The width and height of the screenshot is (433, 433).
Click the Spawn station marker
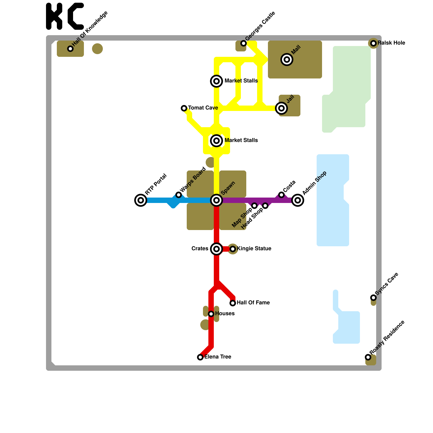pos(216,200)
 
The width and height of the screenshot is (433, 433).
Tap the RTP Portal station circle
pos(141,200)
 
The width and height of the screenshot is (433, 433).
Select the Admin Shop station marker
pos(298,200)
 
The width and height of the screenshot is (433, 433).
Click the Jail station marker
pos(281,108)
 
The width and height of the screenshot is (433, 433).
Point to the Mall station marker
pos(287,60)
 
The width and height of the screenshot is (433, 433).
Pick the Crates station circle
pos(216,249)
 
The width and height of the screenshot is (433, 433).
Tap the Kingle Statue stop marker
pos(233,249)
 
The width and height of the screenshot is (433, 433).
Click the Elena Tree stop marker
pos(200,357)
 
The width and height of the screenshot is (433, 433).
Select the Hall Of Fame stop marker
pos(233,303)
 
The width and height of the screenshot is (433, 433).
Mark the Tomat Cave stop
pos(184,108)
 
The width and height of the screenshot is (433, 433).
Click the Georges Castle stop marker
pos(244,43)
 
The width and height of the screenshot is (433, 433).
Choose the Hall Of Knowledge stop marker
pos(70,49)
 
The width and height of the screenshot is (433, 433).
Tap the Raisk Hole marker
pos(373,43)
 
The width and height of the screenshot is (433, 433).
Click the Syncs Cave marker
pos(373,298)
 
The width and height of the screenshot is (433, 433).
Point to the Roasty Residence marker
pos(368,357)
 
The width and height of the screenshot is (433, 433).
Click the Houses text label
pos(225,314)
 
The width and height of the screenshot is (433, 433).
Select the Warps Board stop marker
pos(179,195)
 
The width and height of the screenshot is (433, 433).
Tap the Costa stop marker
pos(281,195)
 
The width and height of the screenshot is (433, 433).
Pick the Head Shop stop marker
pos(265,206)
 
